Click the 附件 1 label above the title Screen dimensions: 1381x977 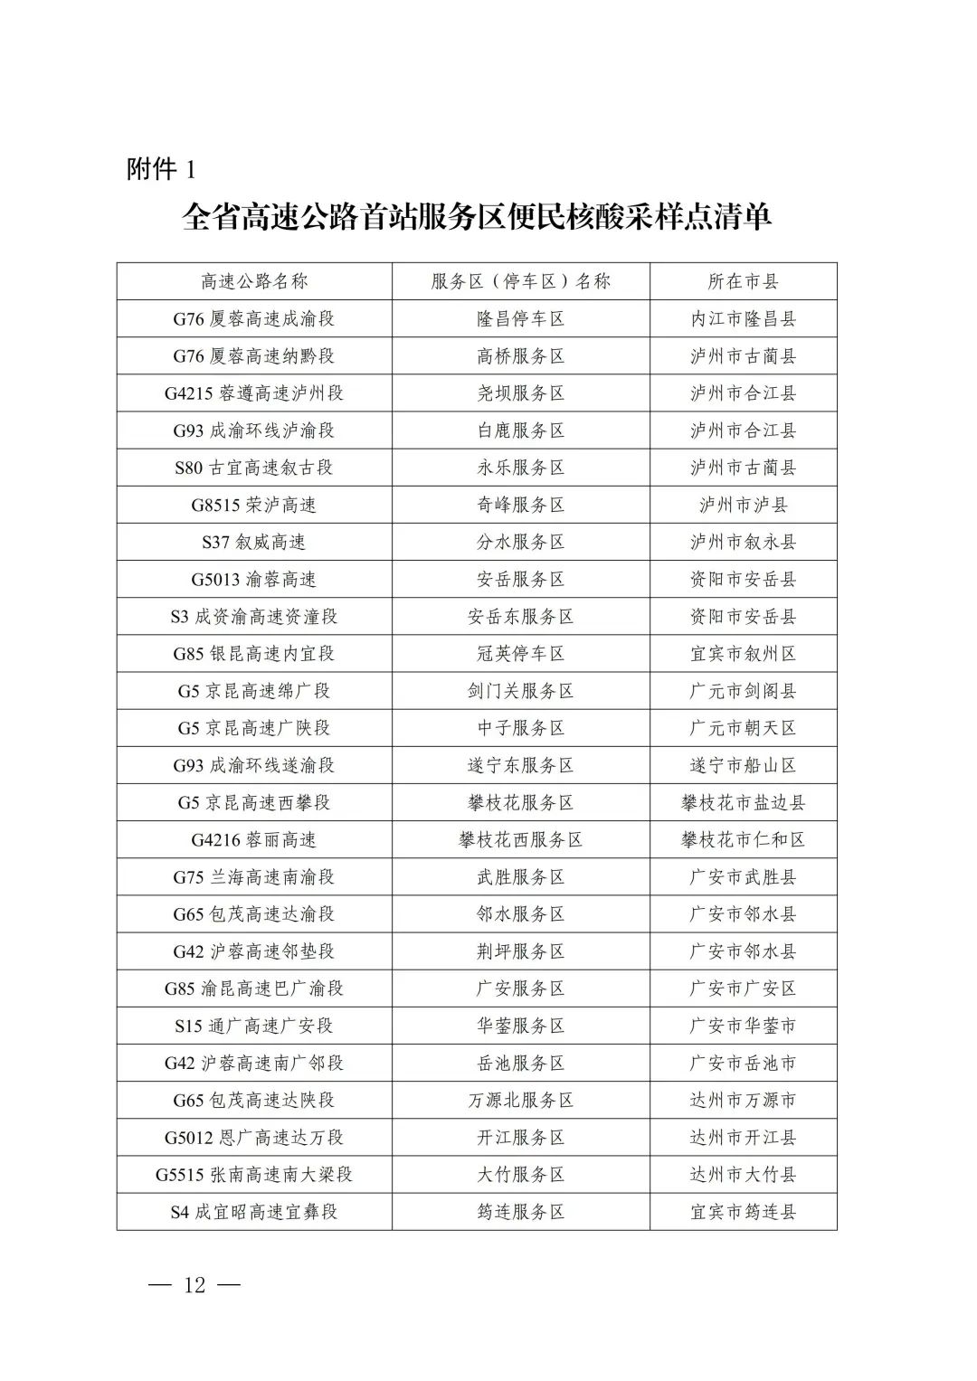coord(161,169)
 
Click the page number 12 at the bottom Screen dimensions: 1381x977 coord(194,1285)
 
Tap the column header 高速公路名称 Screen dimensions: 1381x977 coord(254,281)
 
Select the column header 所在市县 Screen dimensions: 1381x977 coord(743,281)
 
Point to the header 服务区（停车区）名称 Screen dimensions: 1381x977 coord(520,281)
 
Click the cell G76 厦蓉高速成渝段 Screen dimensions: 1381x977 coord(254,318)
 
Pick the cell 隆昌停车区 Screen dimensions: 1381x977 coord(520,318)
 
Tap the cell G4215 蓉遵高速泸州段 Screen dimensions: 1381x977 coord(254,393)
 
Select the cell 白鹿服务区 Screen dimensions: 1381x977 coord(520,430)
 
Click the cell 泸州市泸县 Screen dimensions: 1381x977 coord(743,505)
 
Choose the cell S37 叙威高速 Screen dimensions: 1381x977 coord(254,542)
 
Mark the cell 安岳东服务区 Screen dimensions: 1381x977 coord(520,616)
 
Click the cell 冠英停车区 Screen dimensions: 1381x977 coord(520,653)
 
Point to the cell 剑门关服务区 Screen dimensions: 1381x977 coord(520,691)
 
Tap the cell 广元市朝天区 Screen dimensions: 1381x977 coord(743,728)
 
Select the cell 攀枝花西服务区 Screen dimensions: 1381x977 coord(520,839)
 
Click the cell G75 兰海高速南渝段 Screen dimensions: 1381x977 coord(254,876)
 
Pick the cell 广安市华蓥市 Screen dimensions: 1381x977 coord(743,1026)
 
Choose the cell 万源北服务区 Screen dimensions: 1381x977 coord(520,1100)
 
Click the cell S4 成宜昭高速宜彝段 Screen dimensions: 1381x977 coord(254,1211)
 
